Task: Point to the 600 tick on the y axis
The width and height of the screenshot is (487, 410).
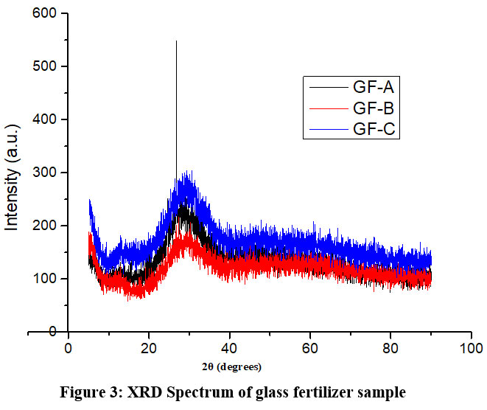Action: click(46, 13)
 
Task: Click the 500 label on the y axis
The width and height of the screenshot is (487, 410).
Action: click(46, 66)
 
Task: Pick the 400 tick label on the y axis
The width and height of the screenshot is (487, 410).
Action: click(46, 119)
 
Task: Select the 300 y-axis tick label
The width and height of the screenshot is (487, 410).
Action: click(46, 173)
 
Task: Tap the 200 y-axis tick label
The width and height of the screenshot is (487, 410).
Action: click(46, 226)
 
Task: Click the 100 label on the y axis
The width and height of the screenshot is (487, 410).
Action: click(46, 279)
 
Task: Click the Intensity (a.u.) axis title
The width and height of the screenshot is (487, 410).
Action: click(13, 173)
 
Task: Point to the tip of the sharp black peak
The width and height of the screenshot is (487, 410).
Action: click(176, 41)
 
